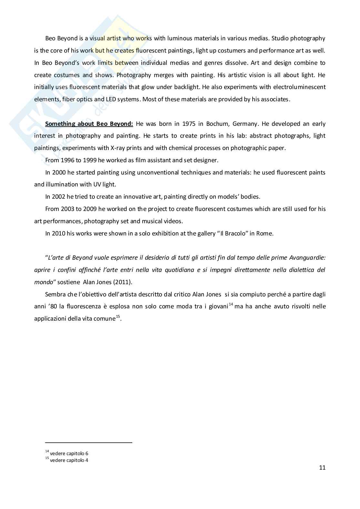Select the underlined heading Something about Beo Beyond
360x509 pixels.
pyautogui.click(x=89, y=124)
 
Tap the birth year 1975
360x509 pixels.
pyautogui.click(x=189, y=124)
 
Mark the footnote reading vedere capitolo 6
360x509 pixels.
pyautogui.click(x=69, y=454)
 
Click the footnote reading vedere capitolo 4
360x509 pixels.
pyautogui.click(x=69, y=460)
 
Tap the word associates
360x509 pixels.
pyautogui.click(x=275, y=99)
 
